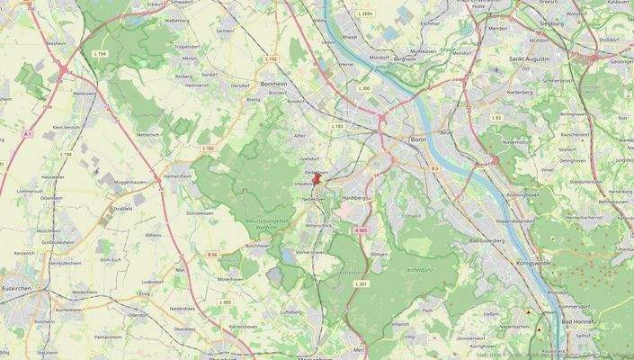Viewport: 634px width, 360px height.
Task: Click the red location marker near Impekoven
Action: tap(316, 178)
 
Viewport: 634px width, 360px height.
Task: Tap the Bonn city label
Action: tap(417, 140)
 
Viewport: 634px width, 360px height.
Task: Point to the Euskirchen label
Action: tap(16, 289)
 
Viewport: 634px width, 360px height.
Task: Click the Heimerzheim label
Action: tap(177, 176)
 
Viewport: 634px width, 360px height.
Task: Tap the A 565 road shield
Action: tap(361, 230)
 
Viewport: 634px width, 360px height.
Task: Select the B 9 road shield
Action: tap(433, 168)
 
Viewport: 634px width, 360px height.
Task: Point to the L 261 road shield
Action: tap(362, 283)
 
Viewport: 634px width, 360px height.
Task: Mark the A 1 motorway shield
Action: tap(28, 134)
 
